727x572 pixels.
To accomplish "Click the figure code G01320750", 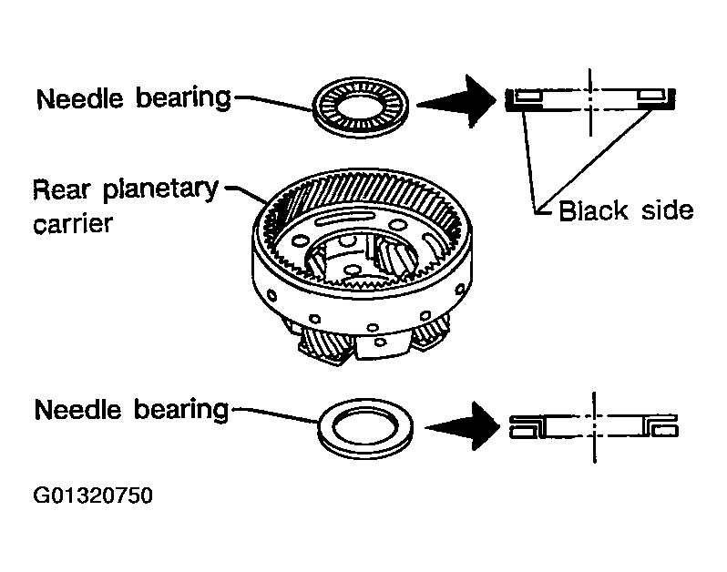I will coord(92,496).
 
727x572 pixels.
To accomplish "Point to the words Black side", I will coord(626,210).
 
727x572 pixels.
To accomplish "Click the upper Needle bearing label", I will coord(133,97).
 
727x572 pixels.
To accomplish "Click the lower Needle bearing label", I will coord(130,410).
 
